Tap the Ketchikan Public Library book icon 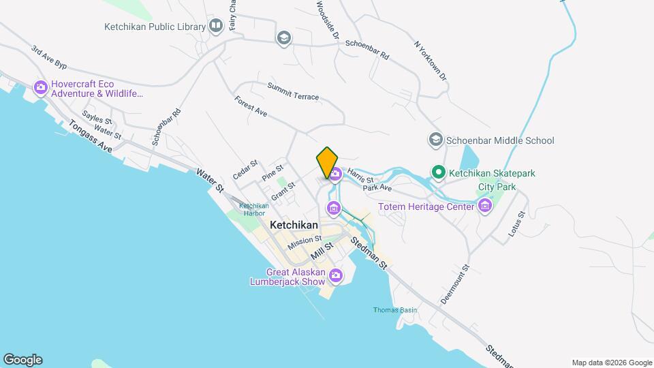[x=216, y=27]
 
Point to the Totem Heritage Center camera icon [x=484, y=206]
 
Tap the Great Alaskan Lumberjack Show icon [x=335, y=275]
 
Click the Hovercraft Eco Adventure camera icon [x=40, y=87]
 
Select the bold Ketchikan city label [x=294, y=224]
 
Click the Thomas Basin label [x=395, y=310]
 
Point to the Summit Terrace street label [x=293, y=92]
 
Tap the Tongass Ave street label [x=89, y=136]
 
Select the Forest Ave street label [x=251, y=106]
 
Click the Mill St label [x=322, y=249]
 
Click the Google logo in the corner [x=22, y=360]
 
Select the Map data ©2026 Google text [x=611, y=363]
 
